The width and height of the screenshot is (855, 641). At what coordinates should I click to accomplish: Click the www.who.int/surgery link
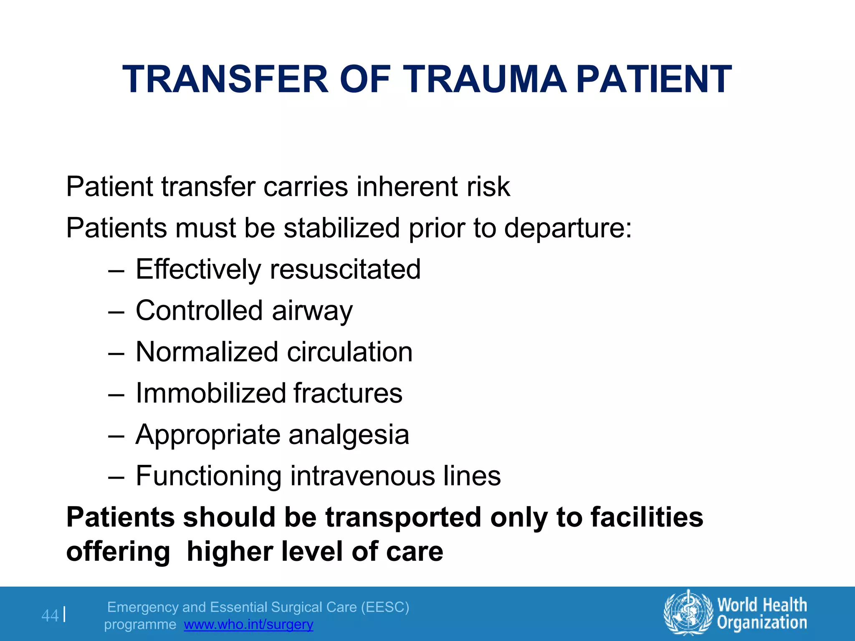pyautogui.click(x=248, y=624)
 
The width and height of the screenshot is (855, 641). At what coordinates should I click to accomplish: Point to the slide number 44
pyautogui.click(x=50, y=616)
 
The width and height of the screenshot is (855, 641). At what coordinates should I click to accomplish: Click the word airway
pyautogui.click(x=312, y=311)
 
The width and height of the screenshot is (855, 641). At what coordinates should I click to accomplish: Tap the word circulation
pyautogui.click(x=350, y=352)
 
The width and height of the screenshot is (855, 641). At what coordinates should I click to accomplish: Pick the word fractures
pyautogui.click(x=348, y=393)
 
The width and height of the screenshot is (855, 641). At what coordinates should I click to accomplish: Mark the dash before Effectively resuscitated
pyautogui.click(x=116, y=270)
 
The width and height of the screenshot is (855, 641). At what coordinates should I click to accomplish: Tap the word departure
pyautogui.click(x=568, y=228)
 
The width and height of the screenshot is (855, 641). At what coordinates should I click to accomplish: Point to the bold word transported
pyautogui.click(x=404, y=518)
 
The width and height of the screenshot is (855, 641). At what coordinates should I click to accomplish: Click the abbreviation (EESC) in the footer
pyautogui.click(x=385, y=607)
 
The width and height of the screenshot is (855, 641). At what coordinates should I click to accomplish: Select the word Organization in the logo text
pyautogui.click(x=762, y=623)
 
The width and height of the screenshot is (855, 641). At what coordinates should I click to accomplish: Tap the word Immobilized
pyautogui.click(x=211, y=393)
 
